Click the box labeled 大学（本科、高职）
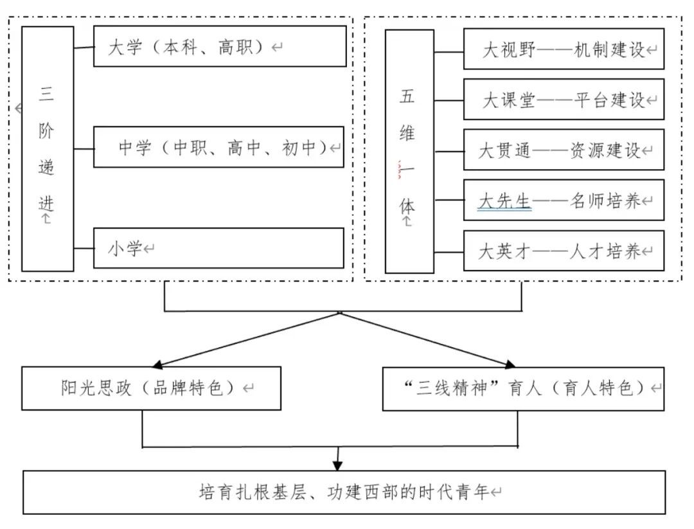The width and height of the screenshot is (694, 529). [x=220, y=46]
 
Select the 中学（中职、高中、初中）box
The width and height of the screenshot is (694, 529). [x=218, y=147]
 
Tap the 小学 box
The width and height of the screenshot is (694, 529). [x=218, y=248]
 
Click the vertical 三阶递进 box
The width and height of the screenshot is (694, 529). [x=48, y=148]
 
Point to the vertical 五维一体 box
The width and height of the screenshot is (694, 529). [x=409, y=151]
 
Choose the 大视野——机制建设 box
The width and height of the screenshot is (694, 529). [x=564, y=49]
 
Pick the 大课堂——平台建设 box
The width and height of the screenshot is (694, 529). [x=564, y=99]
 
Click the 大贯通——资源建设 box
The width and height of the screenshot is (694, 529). [x=564, y=150]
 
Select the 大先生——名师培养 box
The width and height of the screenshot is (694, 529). [x=564, y=201]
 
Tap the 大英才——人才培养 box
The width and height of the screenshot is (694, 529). [x=564, y=251]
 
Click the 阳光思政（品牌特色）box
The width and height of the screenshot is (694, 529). [x=151, y=388]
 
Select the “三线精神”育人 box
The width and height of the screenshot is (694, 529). [x=523, y=388]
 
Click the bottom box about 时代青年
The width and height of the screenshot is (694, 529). [x=344, y=492]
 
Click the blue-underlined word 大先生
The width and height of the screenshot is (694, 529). [x=505, y=201]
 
